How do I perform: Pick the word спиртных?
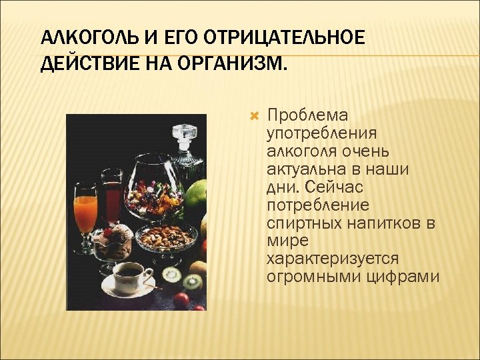click(303, 223)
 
